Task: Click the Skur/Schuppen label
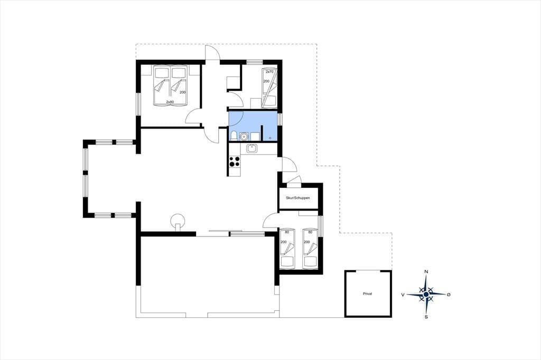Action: pos(297,198)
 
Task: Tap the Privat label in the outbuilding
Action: pos(368,294)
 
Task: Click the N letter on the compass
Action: pos(426,272)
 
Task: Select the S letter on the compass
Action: pos(426,317)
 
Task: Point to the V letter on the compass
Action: pos(403,295)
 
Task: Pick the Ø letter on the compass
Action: pos(449,295)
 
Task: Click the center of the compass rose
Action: pos(426,294)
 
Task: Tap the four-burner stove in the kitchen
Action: pos(235,161)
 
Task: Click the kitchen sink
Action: pos(251,149)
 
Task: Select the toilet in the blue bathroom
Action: pos(234,136)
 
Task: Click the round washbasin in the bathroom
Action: pos(244,137)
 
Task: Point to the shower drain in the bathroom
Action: pos(270,138)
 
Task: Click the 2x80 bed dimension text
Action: pos(170,102)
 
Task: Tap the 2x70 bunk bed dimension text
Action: pos(269,72)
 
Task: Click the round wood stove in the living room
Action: pos(178,220)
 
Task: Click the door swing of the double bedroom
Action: pos(193,116)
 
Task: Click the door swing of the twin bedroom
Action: pos(270,220)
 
